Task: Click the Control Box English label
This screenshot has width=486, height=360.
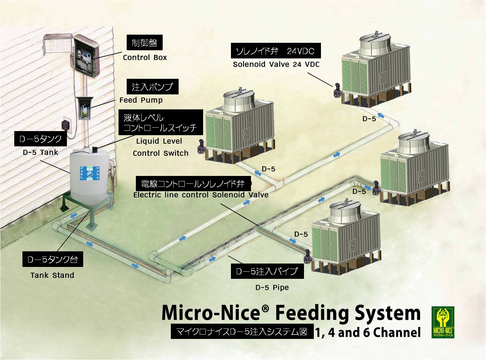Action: [145, 57]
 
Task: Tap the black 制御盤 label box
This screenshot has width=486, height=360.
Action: [144, 43]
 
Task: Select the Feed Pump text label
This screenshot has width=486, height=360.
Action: [141, 100]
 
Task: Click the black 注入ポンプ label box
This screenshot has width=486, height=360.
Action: [152, 87]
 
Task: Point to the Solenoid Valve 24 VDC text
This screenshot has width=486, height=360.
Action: [276, 64]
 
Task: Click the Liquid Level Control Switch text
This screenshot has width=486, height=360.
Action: [160, 147]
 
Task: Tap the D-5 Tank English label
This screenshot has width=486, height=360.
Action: [40, 152]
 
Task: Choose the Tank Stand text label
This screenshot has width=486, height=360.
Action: [52, 275]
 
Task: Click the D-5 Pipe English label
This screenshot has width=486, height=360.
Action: [272, 287]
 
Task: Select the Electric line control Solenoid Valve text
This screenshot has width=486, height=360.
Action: [201, 195]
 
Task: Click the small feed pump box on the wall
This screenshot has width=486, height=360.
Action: [84, 108]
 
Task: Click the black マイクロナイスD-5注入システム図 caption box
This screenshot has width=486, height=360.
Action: [242, 332]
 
